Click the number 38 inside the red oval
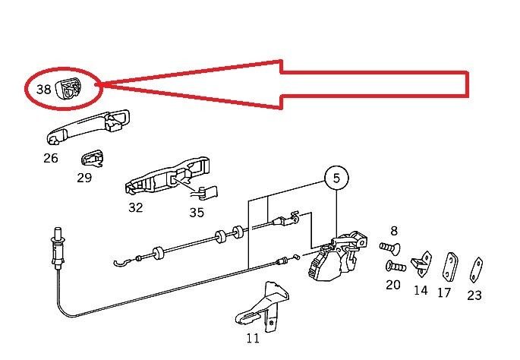[x=44, y=89]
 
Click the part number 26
[x=51, y=159]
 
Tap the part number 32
[x=135, y=207]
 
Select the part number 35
[x=197, y=213]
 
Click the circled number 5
[x=337, y=178]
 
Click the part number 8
[x=394, y=231]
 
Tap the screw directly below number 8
[x=389, y=247]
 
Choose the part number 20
[x=392, y=284]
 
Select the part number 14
[x=421, y=289]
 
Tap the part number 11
[x=253, y=337]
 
